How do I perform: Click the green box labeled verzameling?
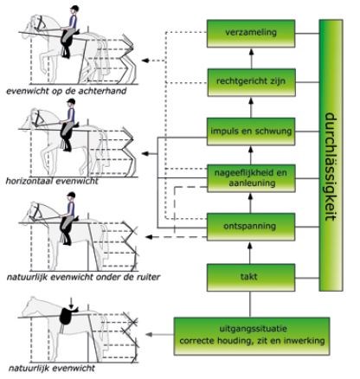pyautogui.click(x=251, y=33)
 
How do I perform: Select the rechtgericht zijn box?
pyautogui.click(x=251, y=82)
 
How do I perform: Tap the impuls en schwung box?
pyautogui.click(x=251, y=132)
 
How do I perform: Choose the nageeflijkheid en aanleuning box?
pyautogui.click(x=251, y=178)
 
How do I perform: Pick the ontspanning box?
pyautogui.click(x=251, y=227)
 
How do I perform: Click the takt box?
pyautogui.click(x=251, y=278)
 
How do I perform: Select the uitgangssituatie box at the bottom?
pyautogui.click(x=252, y=336)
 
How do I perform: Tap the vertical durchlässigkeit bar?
pyautogui.click(x=331, y=155)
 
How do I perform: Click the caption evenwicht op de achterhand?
pyautogui.click(x=67, y=91)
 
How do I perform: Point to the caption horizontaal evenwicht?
pyautogui.click(x=52, y=181)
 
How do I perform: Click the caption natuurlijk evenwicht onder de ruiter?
pyautogui.click(x=83, y=277)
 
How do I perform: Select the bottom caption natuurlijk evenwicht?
pyautogui.click(x=52, y=369)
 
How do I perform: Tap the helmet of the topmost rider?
pyautogui.click(x=74, y=9)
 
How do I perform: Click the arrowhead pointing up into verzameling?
pyautogui.click(x=251, y=52)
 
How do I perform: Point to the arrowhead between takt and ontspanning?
pyautogui.click(x=250, y=246)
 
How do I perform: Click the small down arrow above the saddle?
pyautogui.click(x=71, y=303)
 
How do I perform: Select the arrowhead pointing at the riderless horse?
pyautogui.click(x=149, y=334)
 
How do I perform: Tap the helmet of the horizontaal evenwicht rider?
pyautogui.click(x=71, y=102)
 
